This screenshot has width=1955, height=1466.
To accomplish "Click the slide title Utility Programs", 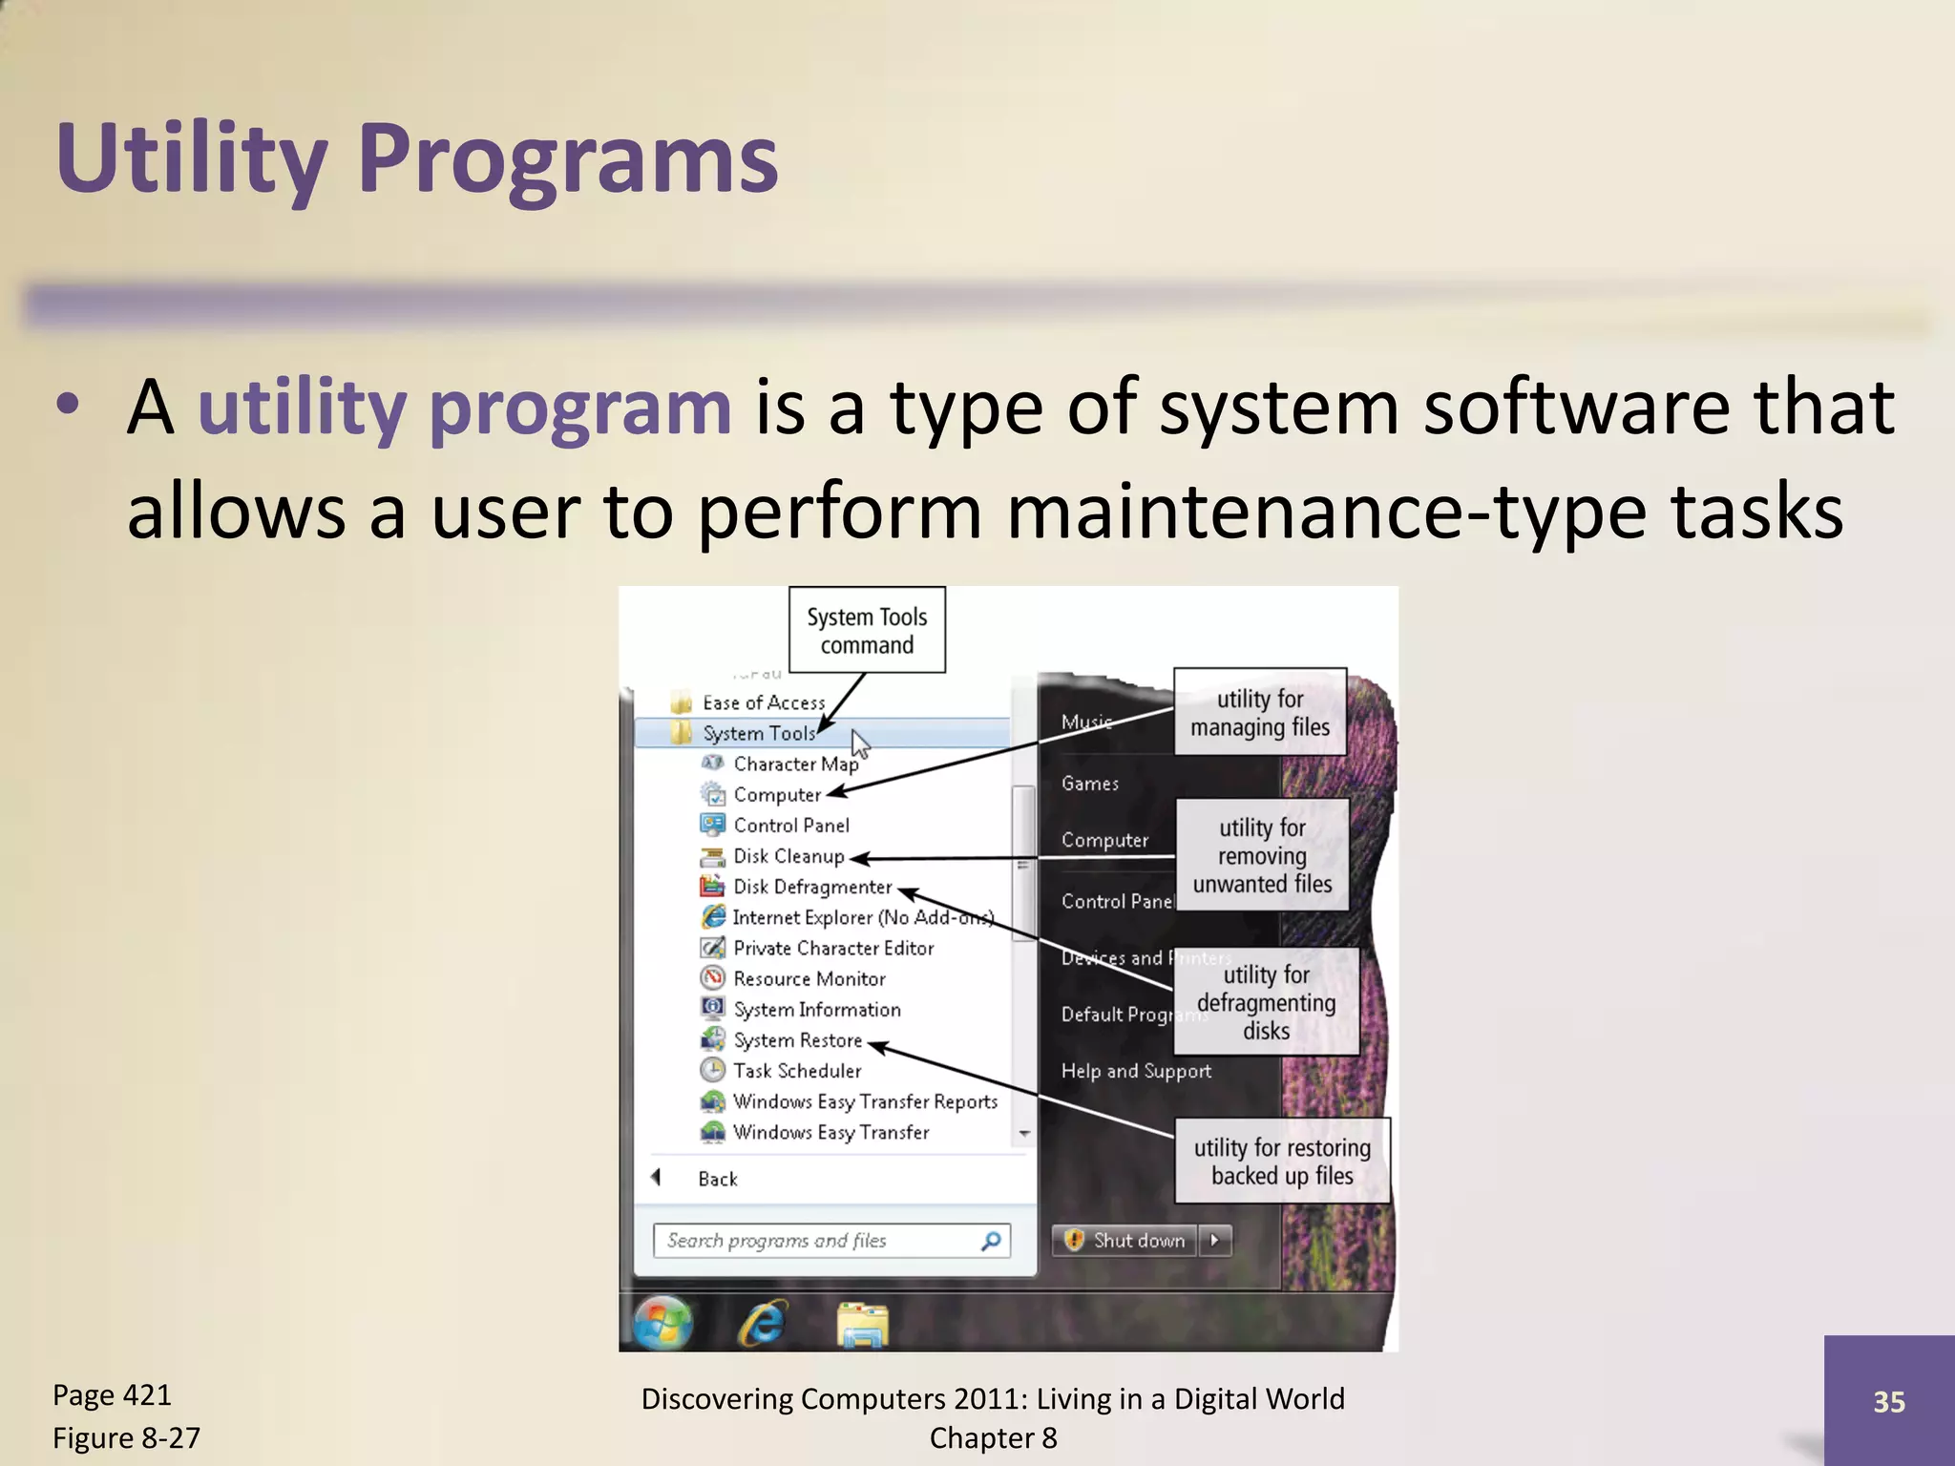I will coord(417,158).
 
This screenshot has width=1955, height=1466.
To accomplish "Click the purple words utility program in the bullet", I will coord(464,408).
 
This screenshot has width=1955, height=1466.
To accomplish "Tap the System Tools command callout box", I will coord(867,631).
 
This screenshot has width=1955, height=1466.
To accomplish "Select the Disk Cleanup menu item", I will coord(788,857).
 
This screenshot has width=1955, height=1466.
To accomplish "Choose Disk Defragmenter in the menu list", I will coord(811,888).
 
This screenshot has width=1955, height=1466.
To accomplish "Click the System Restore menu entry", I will coord(797,1040).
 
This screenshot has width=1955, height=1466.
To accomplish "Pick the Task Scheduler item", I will coord(796,1071).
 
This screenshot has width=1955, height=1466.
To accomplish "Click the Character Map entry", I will coord(794,764).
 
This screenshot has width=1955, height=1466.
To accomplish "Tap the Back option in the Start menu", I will coord(717,1179).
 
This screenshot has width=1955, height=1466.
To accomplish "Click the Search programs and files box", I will coord(821,1241).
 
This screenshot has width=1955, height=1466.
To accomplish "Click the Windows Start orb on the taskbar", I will coord(662,1323).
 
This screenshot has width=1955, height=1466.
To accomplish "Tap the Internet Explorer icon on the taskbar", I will coord(762,1323).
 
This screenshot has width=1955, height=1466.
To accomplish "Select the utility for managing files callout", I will coord(1259,713).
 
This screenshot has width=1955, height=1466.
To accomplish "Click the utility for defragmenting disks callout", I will coord(1266,1002).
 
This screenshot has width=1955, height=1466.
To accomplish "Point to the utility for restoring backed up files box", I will coord(1281,1162).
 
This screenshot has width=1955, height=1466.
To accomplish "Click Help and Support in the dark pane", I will coord(1136,1072).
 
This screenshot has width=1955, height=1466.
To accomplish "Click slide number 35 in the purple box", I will coord(1888,1402).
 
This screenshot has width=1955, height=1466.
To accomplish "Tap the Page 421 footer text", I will coord(112,1395).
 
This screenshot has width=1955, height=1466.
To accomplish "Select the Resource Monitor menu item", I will coord(809,979).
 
